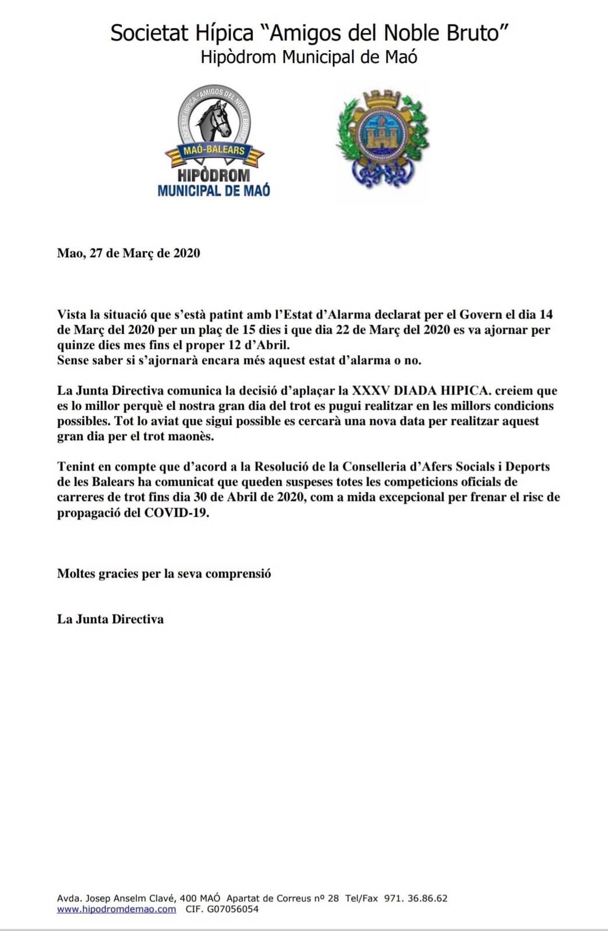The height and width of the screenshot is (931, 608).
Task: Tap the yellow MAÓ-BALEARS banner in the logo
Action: (x=214, y=151)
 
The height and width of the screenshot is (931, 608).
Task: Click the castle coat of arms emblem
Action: (x=382, y=137)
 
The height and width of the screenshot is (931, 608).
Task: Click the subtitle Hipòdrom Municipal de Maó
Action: (x=309, y=57)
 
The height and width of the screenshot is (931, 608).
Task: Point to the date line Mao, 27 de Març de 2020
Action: (x=128, y=253)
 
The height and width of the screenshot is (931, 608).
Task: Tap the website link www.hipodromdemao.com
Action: (x=116, y=909)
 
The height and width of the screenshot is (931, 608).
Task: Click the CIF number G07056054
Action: (x=231, y=909)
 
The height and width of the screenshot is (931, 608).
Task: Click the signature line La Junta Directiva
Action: (x=110, y=619)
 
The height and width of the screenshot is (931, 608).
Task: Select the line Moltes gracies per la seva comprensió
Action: (x=164, y=574)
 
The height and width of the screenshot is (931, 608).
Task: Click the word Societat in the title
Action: (x=150, y=33)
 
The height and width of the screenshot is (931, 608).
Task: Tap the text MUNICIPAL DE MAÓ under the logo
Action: (x=214, y=190)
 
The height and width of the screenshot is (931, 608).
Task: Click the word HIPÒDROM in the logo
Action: (x=214, y=175)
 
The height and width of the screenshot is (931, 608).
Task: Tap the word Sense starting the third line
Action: (x=72, y=360)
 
